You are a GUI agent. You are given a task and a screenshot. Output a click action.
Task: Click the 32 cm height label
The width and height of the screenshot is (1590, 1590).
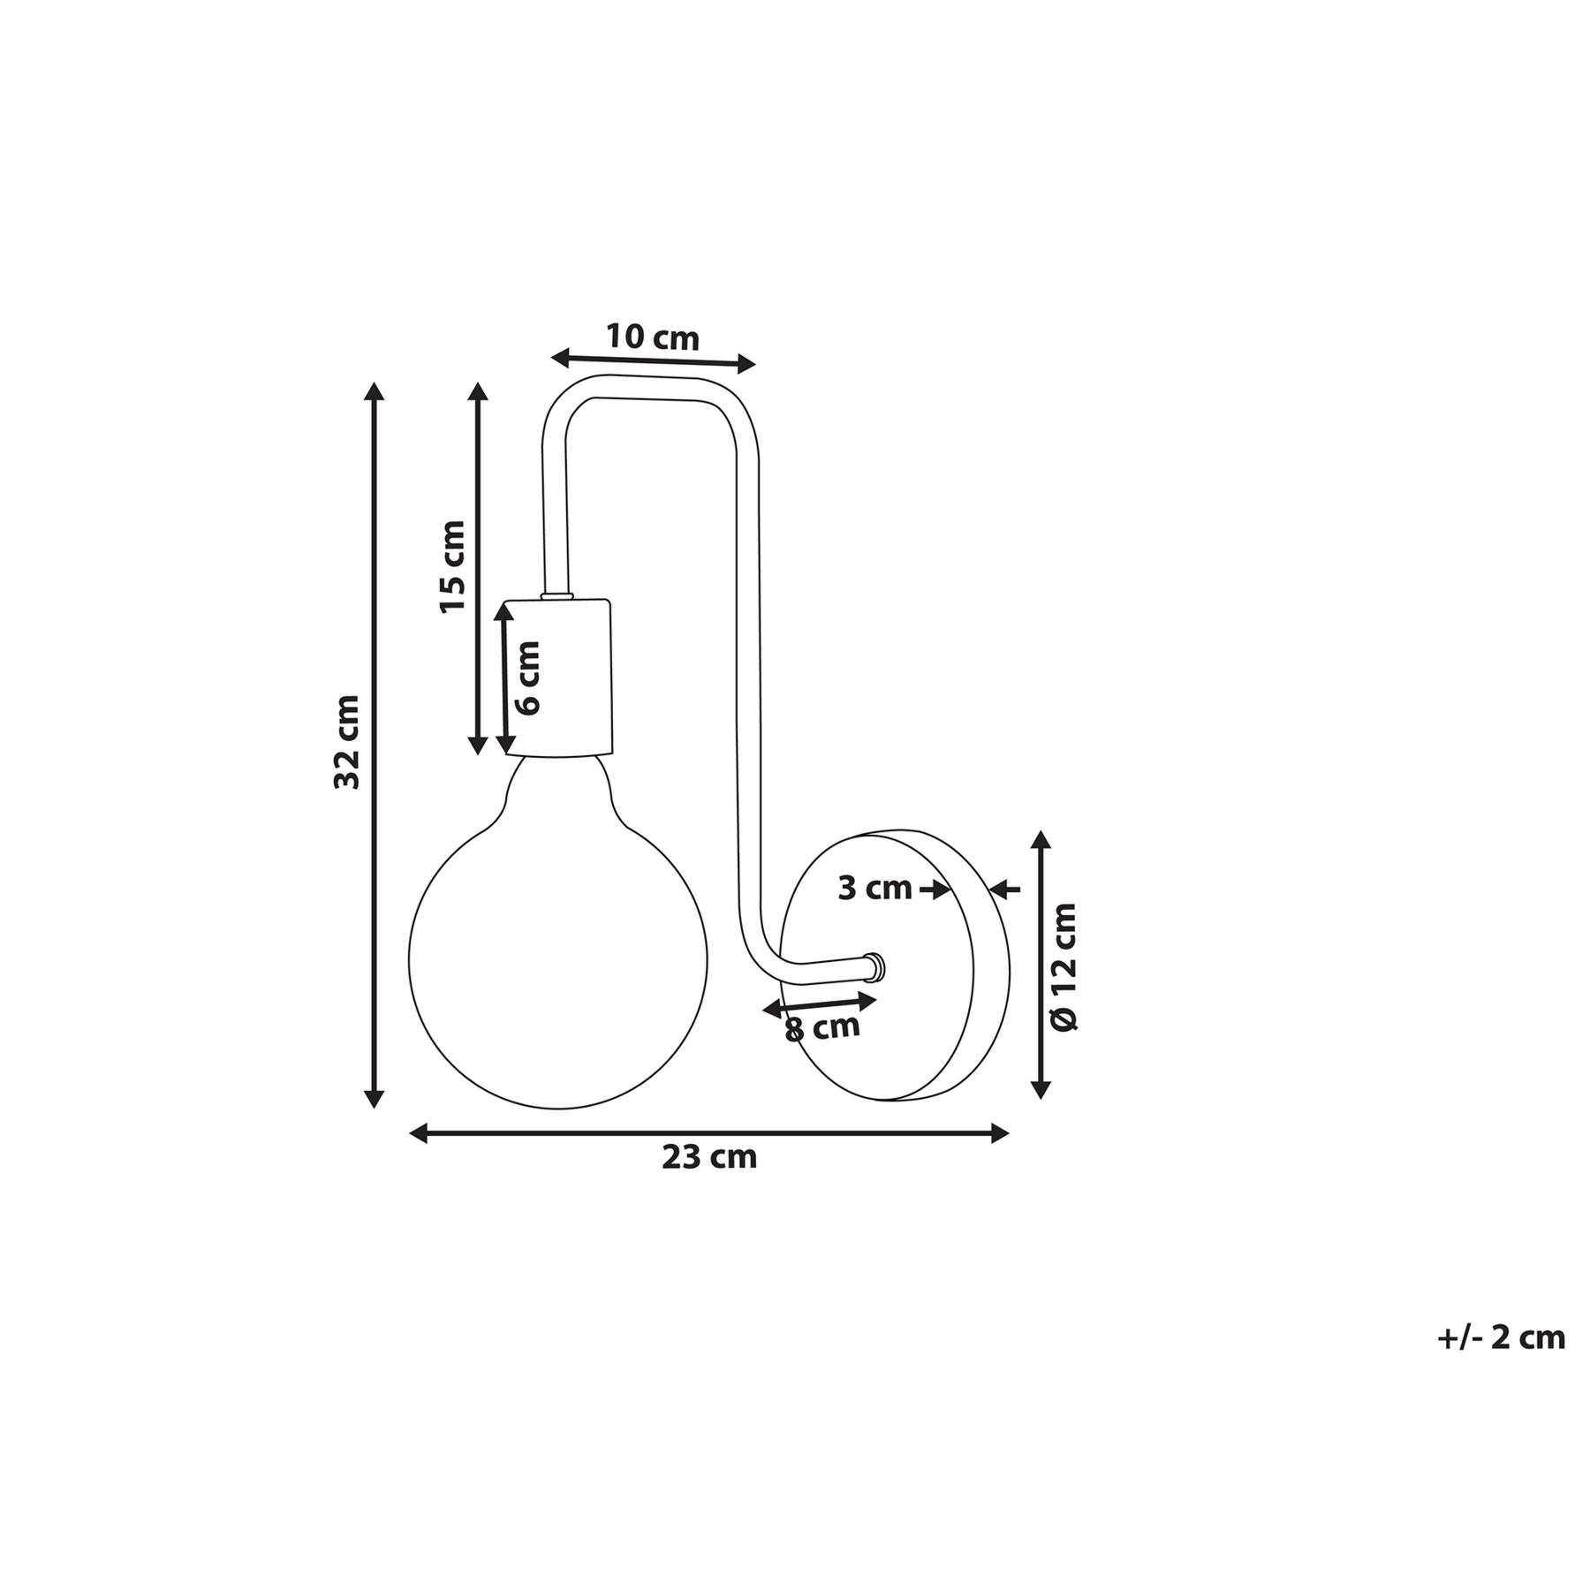click(x=347, y=741)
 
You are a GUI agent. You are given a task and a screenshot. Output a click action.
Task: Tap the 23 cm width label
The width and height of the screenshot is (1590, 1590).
click(x=709, y=1157)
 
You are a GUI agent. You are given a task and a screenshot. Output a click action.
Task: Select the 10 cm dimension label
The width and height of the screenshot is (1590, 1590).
click(x=652, y=337)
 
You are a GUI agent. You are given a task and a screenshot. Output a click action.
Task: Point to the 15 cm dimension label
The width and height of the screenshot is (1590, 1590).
click(x=451, y=566)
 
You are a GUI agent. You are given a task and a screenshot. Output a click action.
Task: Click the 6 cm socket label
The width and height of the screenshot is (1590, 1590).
click(x=526, y=678)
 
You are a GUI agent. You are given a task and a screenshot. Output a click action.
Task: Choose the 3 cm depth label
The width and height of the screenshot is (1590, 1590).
click(x=874, y=888)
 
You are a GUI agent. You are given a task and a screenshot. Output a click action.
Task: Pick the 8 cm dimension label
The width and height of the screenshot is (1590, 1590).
click(x=822, y=1027)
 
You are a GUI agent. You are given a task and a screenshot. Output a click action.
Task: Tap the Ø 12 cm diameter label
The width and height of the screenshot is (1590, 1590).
click(x=1064, y=966)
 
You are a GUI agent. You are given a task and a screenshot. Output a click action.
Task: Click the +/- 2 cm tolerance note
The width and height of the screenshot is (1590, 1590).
click(x=1502, y=1337)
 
